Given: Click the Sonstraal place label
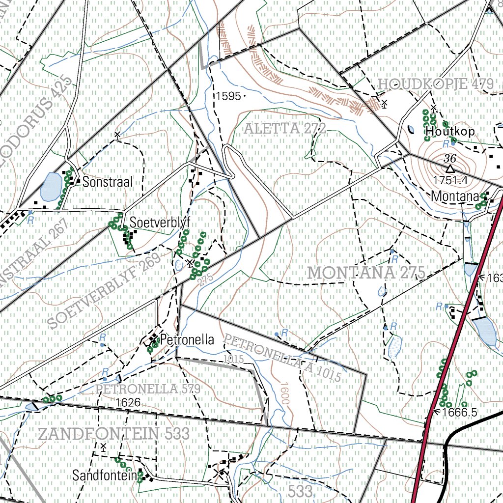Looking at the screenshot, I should pos(108,182).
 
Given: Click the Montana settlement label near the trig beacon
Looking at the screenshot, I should pos(455,196).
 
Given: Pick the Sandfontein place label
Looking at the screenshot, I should pos(104,475).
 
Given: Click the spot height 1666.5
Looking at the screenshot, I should pos(459,412).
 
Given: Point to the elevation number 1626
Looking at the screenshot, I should pos(128,403).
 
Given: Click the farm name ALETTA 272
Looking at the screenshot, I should pos(285,129).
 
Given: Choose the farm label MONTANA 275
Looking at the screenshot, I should pos(366,273).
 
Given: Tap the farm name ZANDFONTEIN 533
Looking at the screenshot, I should pos(114,434).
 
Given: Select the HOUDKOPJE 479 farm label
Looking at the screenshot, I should pos(435,84).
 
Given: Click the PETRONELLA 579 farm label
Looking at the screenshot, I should pos(148,389).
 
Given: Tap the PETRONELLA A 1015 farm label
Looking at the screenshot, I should pos(282,358).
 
